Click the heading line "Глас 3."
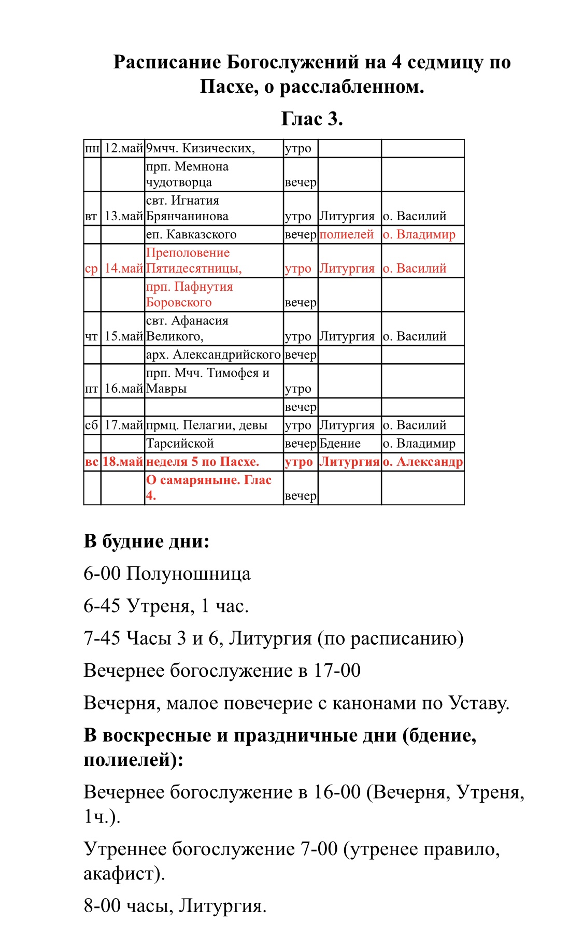[x=312, y=119]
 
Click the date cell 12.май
[x=123, y=148]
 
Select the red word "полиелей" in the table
[x=346, y=234]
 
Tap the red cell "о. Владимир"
[x=419, y=234]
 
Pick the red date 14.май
[x=123, y=268]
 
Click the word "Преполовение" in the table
[x=188, y=253]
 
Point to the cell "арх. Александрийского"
[x=213, y=354]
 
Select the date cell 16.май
[x=123, y=389]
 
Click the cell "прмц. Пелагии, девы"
[x=207, y=425]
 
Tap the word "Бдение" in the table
[x=340, y=444]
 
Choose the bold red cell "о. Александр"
[x=422, y=462]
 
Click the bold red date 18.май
[x=123, y=462]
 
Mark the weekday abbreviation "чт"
[x=91, y=337]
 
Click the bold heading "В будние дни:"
[x=146, y=542]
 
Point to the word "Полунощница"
[x=189, y=574]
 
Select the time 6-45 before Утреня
[x=102, y=606]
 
